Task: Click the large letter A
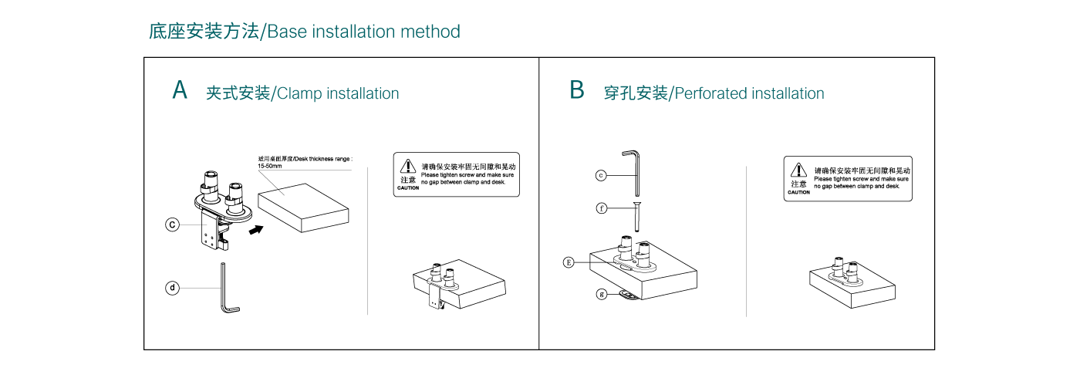(x=180, y=90)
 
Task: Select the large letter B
(x=577, y=90)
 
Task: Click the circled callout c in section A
(x=173, y=225)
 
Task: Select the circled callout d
(x=173, y=288)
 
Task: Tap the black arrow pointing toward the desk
(x=258, y=228)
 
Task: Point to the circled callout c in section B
(x=601, y=175)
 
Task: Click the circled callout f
(x=601, y=207)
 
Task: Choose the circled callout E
(x=569, y=262)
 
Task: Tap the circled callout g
(x=601, y=293)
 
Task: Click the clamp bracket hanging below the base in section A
(x=211, y=231)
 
